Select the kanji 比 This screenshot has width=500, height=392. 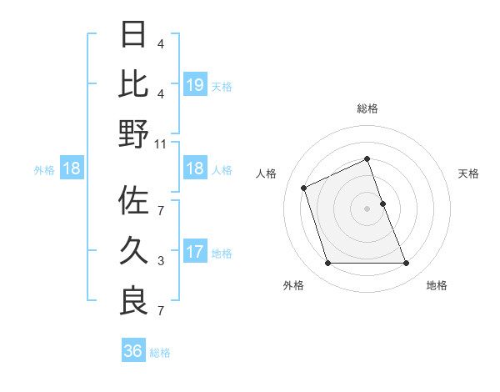pyautogui.click(x=133, y=83)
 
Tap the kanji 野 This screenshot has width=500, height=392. pyautogui.click(x=133, y=133)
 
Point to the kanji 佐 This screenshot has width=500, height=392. pyautogui.click(x=133, y=201)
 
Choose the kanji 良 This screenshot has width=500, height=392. pyautogui.click(x=133, y=299)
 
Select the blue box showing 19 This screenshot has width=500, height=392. pyautogui.click(x=194, y=84)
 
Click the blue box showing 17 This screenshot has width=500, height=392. pyautogui.click(x=194, y=252)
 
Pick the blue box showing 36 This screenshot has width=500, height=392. pyautogui.click(x=132, y=351)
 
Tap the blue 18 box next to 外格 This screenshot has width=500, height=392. pyautogui.click(x=72, y=169)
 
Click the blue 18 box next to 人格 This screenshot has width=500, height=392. pyautogui.click(x=194, y=169)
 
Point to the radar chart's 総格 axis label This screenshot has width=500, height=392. pyautogui.click(x=367, y=108)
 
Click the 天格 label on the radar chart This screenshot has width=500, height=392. pyautogui.click(x=469, y=173)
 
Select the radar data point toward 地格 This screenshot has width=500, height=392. pyautogui.click(x=407, y=264)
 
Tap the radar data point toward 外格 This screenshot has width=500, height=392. pyautogui.click(x=327, y=264)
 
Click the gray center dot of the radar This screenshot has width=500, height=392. pyautogui.click(x=367, y=209)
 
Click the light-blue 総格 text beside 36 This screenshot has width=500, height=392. pyautogui.click(x=160, y=353)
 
